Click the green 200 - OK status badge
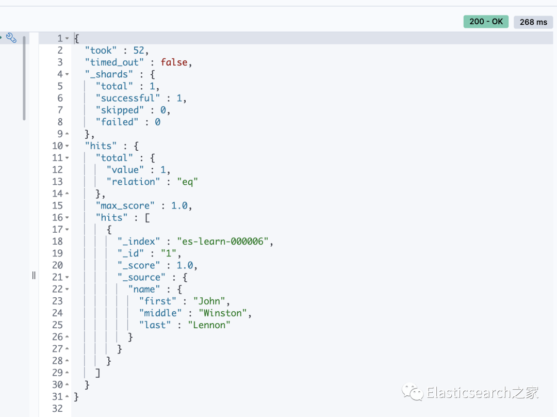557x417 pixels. (x=486, y=22)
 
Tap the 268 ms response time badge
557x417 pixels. (x=533, y=22)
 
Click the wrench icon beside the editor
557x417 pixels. (x=11, y=38)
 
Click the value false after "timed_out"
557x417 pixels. (x=174, y=62)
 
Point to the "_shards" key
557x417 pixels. (x=107, y=74)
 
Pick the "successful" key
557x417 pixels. (x=127, y=98)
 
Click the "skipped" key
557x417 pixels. (x=120, y=110)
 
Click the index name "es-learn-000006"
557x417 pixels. (x=225, y=241)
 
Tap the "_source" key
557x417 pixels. (x=141, y=277)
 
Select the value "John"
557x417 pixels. (x=210, y=301)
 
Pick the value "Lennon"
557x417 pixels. (x=209, y=325)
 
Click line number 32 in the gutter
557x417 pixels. (x=57, y=409)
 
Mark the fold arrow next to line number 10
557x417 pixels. (x=67, y=146)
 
